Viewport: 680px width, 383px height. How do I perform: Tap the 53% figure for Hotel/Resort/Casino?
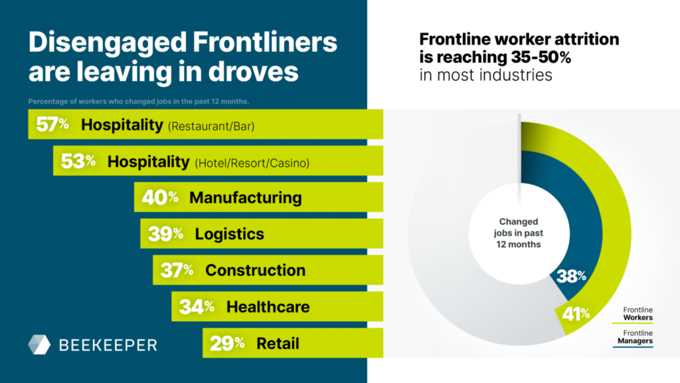[x=78, y=161]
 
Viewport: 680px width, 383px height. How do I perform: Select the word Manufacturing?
[x=245, y=197]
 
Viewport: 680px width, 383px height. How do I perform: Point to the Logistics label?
[x=229, y=234]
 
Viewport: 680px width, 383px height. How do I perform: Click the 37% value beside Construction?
[x=177, y=271]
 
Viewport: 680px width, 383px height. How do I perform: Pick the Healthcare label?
[x=268, y=307]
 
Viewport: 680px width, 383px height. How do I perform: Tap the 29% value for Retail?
[x=227, y=343]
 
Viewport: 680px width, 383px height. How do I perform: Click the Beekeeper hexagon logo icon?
[x=39, y=344]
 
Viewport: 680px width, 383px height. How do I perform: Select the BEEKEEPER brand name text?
[x=108, y=345]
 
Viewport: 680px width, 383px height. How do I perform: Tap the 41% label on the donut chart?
[x=576, y=313]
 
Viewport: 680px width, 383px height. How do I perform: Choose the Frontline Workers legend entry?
[x=637, y=313]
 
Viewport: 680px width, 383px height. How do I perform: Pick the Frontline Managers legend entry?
[x=637, y=337]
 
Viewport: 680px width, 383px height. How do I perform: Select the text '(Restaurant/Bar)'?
[x=212, y=126]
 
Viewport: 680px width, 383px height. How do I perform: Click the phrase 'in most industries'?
[x=486, y=74]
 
